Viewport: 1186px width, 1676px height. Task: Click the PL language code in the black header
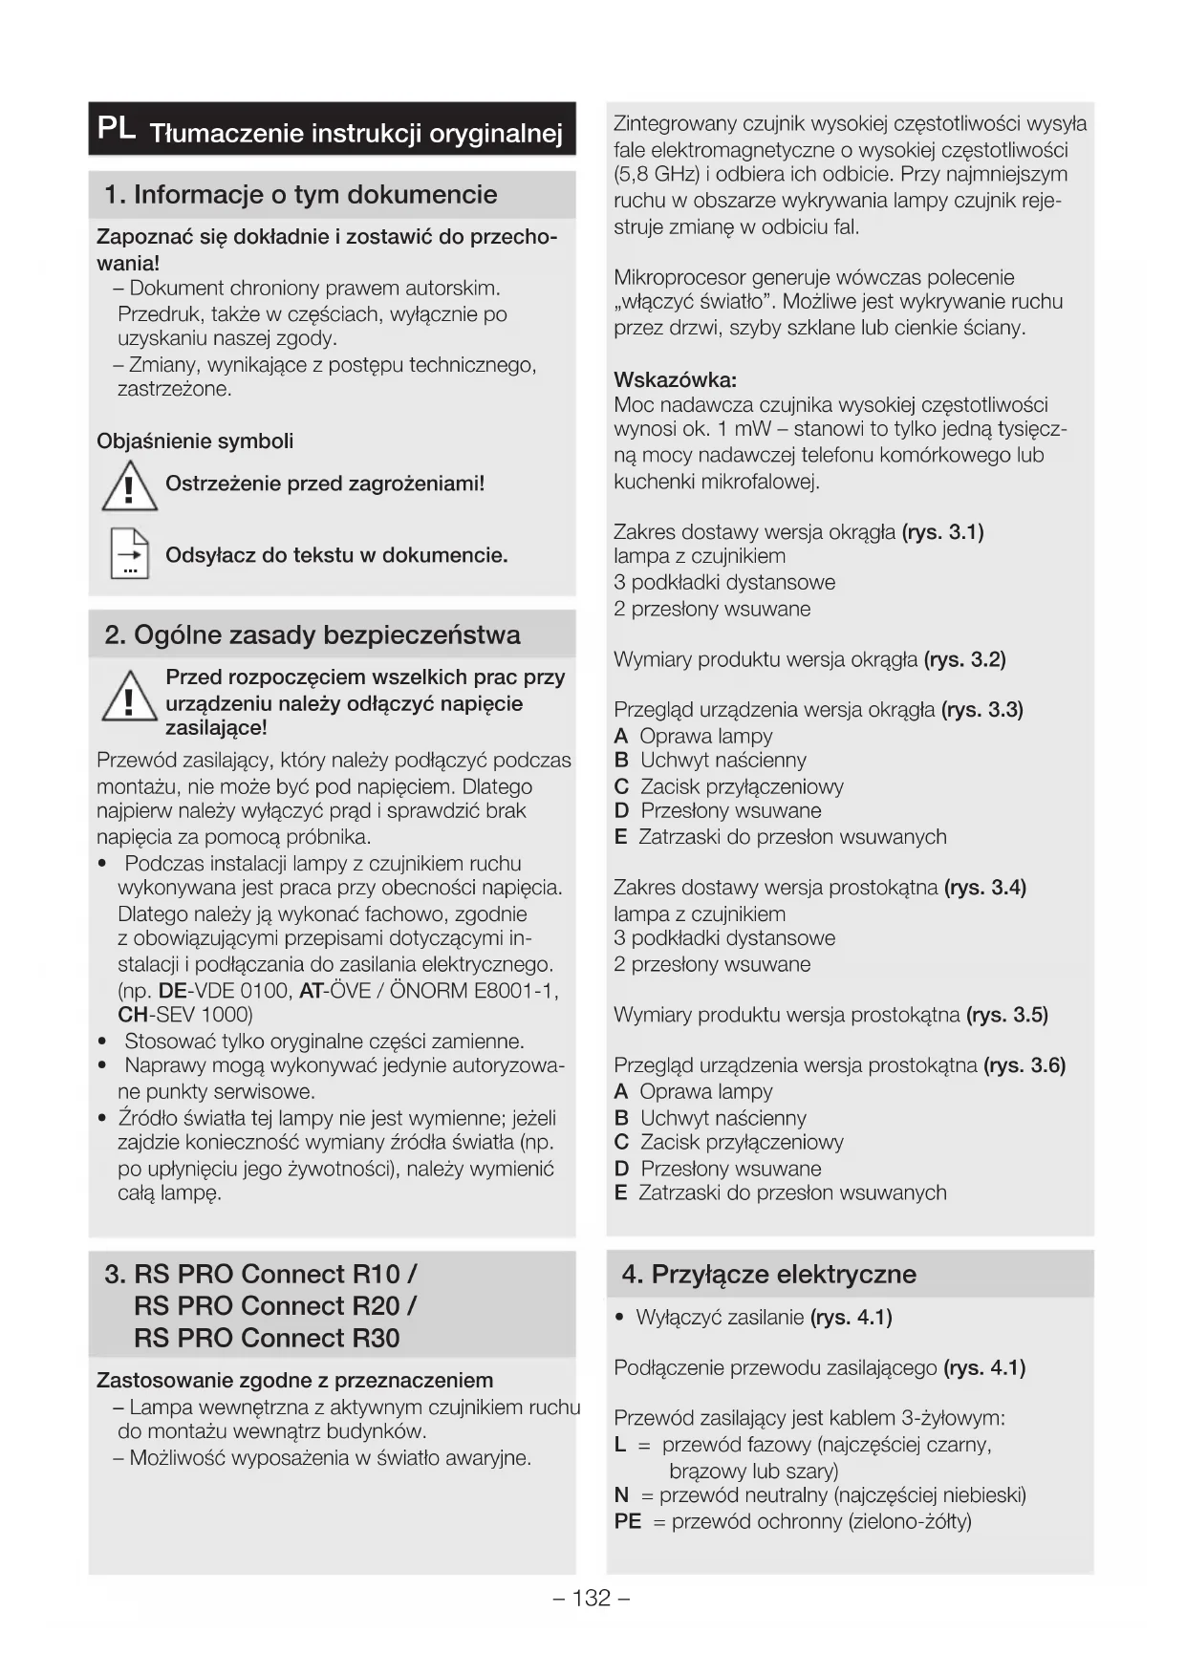click(x=117, y=129)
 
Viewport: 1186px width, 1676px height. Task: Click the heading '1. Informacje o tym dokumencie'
click(x=300, y=195)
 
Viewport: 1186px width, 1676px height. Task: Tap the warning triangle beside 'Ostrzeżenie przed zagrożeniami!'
click(x=129, y=485)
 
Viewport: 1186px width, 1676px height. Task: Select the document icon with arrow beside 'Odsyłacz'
click(x=130, y=553)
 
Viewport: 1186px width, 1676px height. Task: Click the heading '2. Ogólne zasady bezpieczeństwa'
click(x=312, y=635)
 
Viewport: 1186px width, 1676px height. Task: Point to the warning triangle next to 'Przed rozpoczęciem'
click(x=129, y=698)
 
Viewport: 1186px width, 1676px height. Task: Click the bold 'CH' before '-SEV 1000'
click(x=132, y=1015)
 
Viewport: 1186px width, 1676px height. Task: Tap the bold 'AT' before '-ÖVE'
click(x=311, y=990)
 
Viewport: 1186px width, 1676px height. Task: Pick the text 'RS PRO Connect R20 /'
click(x=274, y=1306)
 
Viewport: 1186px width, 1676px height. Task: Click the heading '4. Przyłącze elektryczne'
click(x=768, y=1275)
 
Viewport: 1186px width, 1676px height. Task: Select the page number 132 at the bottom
click(x=592, y=1599)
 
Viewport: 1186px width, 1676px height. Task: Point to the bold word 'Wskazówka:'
click(x=675, y=380)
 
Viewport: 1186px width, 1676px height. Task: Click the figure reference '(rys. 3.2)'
click(x=964, y=659)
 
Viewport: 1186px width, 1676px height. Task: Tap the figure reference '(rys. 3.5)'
click(x=1007, y=1015)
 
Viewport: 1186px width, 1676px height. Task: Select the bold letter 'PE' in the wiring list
click(x=627, y=1521)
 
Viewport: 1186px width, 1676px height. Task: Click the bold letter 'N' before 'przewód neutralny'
click(x=621, y=1495)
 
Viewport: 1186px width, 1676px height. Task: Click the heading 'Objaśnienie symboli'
click(x=195, y=441)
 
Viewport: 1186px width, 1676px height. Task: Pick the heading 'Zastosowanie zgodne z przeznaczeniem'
click(x=294, y=1381)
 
